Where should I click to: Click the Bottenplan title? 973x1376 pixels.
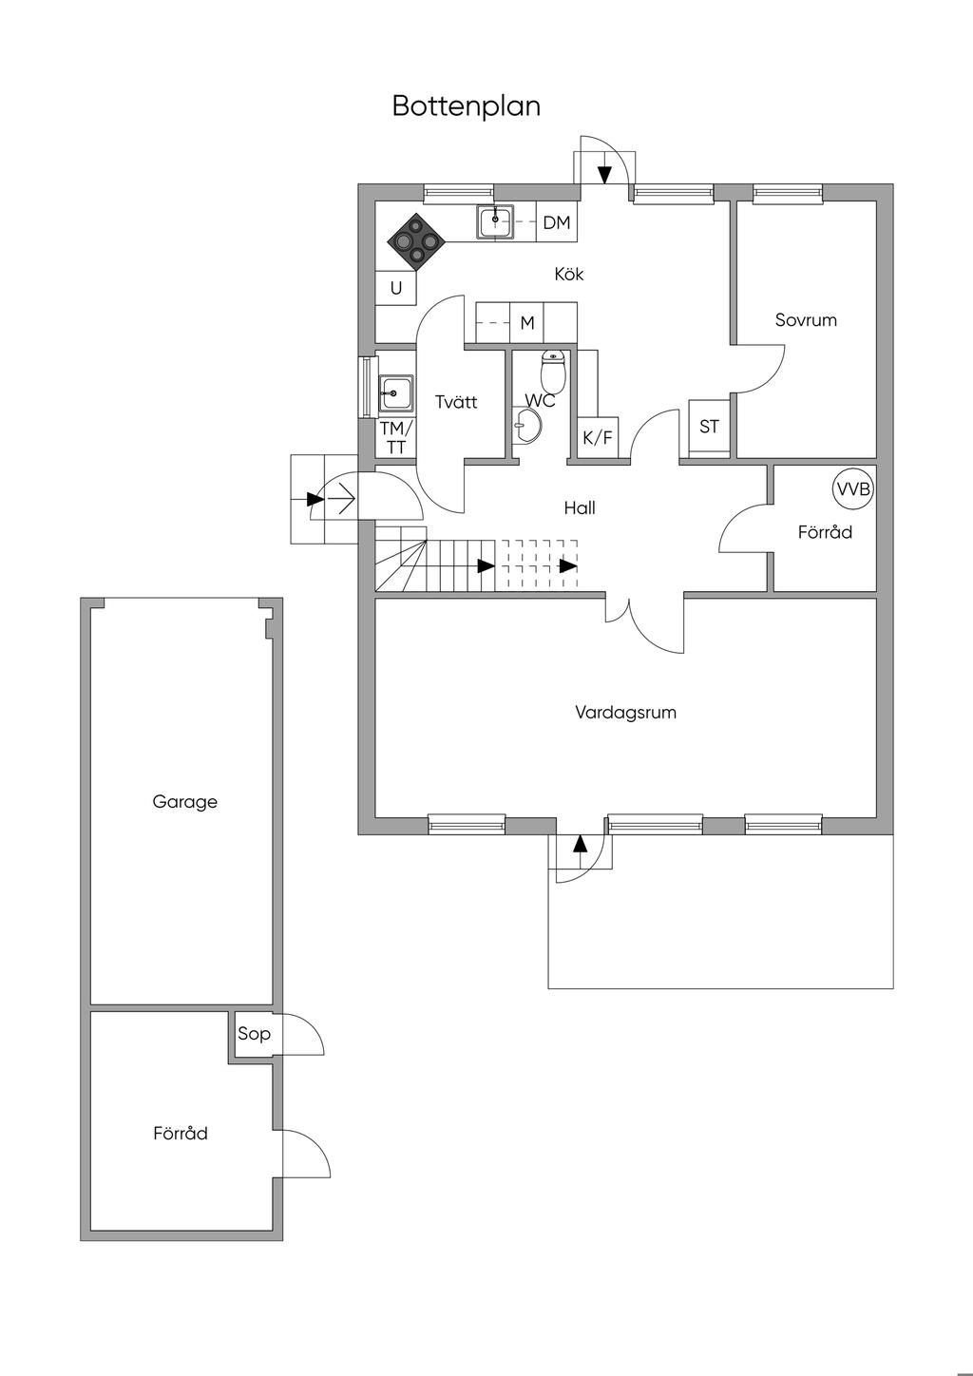[467, 106]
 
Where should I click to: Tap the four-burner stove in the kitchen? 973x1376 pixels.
[416, 242]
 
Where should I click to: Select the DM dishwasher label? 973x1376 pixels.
[557, 222]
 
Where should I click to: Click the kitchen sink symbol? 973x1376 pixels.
[495, 221]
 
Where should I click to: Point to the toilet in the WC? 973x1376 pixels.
[553, 372]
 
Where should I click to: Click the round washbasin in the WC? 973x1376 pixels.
[527, 425]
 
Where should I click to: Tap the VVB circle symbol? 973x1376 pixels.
[854, 489]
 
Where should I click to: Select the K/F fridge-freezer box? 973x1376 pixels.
[598, 438]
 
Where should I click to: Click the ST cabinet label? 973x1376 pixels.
[709, 427]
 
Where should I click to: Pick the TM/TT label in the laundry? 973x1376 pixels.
[396, 437]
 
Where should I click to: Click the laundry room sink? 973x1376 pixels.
[395, 393]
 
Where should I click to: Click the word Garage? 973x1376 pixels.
[185, 802]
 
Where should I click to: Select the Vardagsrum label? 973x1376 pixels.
[625, 713]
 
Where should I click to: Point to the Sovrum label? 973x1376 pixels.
[806, 320]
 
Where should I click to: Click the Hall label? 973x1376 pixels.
[580, 508]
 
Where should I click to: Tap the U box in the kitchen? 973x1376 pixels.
[395, 288]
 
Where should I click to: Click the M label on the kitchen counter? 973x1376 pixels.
[527, 323]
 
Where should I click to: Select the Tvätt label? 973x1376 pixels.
[456, 402]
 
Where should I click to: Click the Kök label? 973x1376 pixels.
[569, 274]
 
